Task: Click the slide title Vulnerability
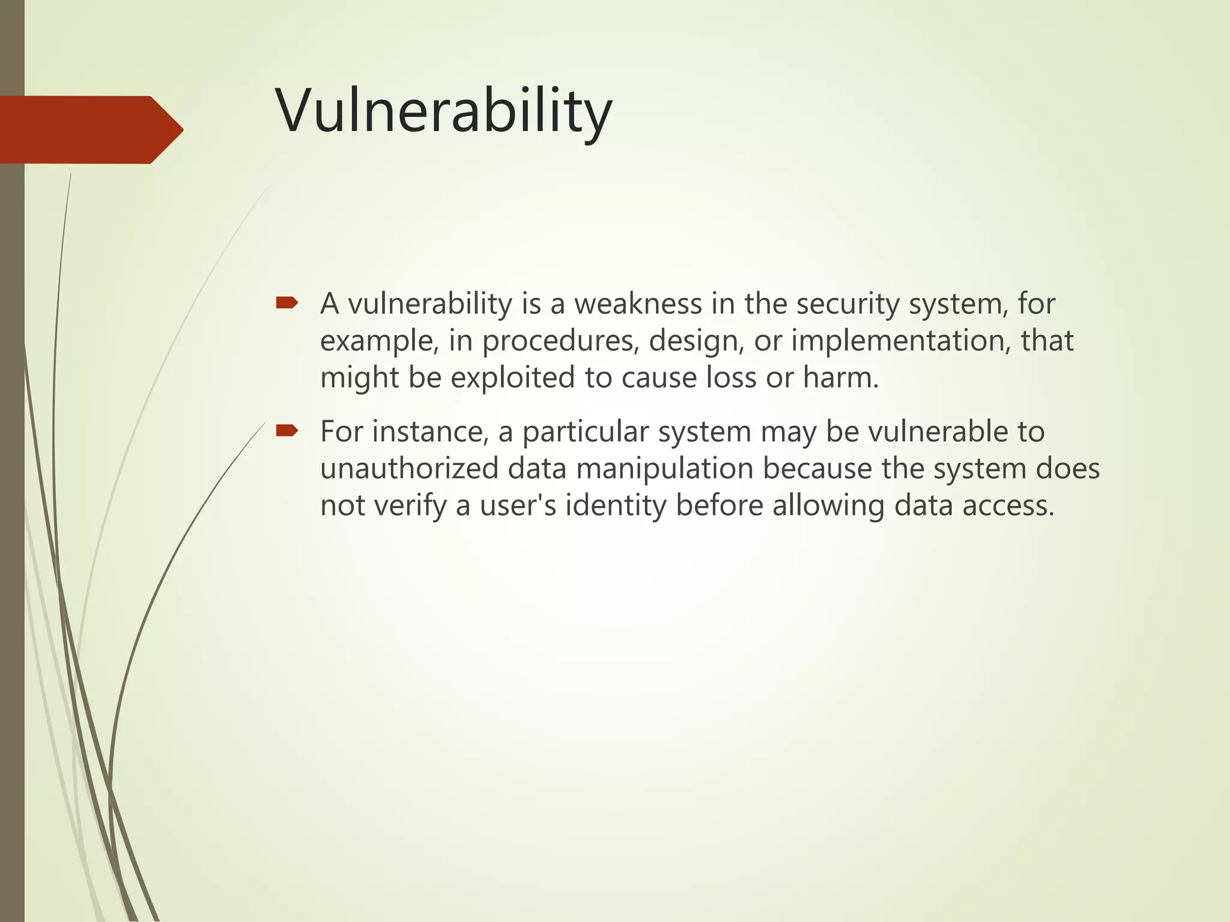(x=444, y=112)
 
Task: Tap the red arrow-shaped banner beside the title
(x=90, y=130)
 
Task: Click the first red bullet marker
(x=286, y=303)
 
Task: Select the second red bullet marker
(x=286, y=430)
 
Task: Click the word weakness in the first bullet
(x=638, y=304)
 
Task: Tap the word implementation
(x=897, y=341)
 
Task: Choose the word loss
(x=731, y=378)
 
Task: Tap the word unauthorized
(x=409, y=469)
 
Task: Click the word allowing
(x=828, y=506)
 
